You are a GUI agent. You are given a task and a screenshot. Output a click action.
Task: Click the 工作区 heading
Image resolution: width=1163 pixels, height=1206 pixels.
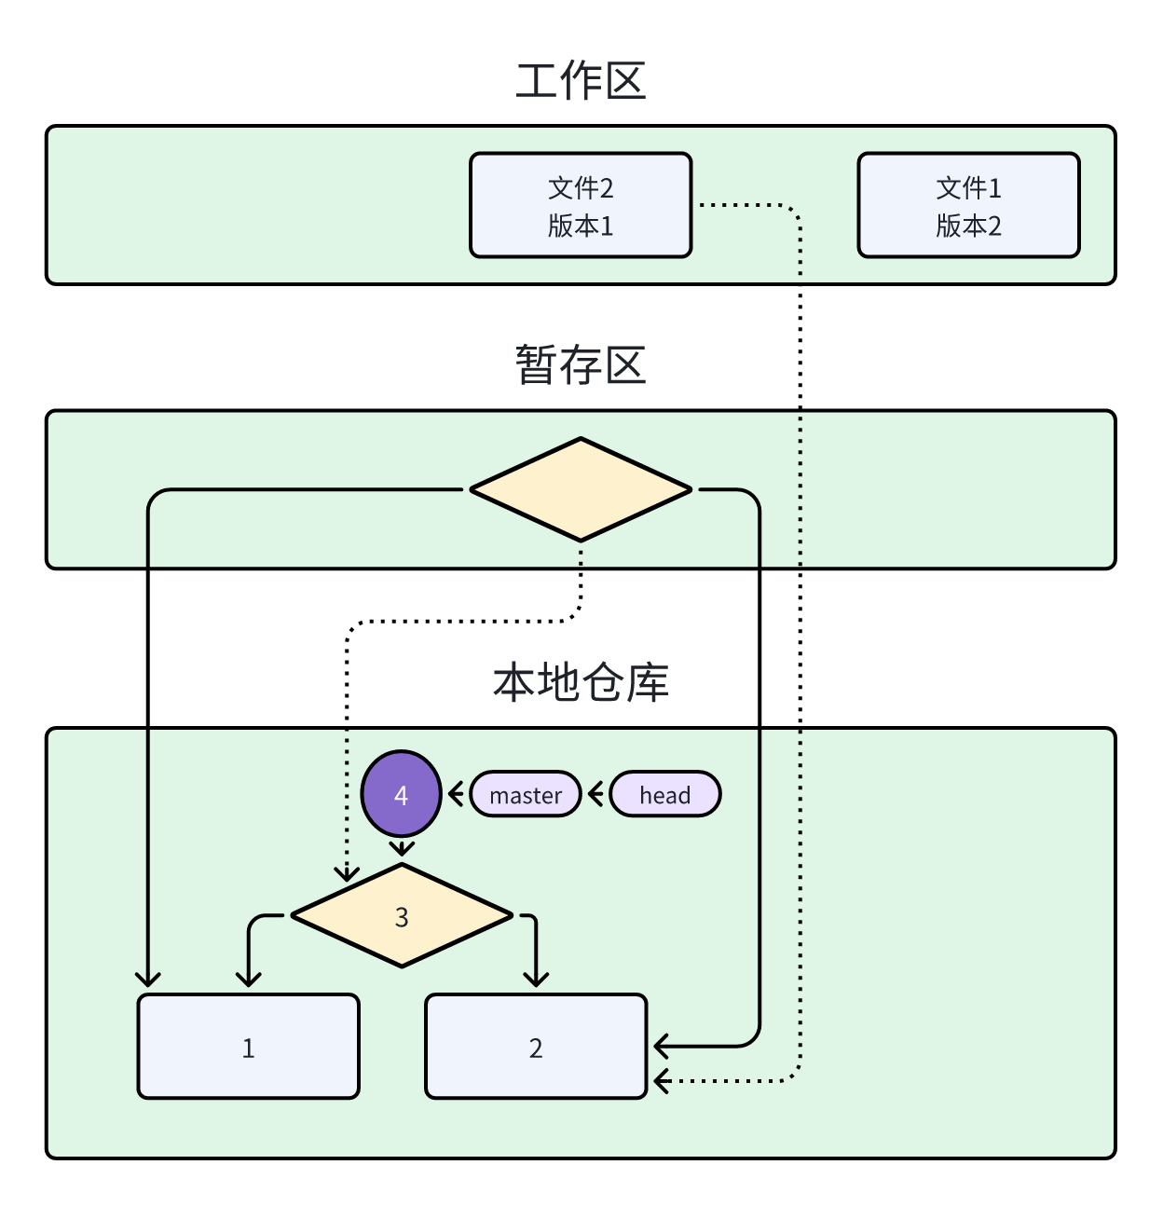click(581, 81)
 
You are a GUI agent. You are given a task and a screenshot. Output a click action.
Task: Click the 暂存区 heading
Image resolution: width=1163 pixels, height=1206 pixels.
click(581, 364)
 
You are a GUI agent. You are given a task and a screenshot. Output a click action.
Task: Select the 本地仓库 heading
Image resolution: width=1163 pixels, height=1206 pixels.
click(581, 682)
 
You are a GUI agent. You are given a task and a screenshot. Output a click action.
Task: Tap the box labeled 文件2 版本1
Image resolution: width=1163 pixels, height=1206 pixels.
click(581, 205)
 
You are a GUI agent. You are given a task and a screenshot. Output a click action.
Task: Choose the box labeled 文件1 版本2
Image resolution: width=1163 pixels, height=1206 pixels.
click(968, 205)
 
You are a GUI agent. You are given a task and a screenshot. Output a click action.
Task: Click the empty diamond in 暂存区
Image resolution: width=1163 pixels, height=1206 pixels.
click(581, 489)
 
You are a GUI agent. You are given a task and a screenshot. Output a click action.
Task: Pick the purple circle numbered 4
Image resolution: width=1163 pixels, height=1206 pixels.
click(401, 794)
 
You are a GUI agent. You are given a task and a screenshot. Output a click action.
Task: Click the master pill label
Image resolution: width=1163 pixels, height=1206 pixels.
click(526, 795)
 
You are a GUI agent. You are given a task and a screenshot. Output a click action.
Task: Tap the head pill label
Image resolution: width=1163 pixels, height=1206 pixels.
click(664, 795)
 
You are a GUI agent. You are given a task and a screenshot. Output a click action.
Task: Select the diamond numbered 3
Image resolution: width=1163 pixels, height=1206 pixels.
click(402, 916)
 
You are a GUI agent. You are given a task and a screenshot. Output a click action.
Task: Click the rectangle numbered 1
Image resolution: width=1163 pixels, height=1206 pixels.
click(248, 1047)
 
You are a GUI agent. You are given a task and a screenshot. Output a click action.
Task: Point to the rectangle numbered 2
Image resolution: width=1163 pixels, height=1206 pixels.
click(536, 1047)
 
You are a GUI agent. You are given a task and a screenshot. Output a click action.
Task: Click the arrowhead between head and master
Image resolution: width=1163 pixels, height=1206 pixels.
click(595, 795)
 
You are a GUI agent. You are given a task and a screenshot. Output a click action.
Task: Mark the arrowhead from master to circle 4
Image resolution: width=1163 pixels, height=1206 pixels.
click(455, 795)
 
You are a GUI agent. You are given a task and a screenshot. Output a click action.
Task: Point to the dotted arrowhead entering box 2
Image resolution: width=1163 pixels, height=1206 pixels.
click(661, 1081)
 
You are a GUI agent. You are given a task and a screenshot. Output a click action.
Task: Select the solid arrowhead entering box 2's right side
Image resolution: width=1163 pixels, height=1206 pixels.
click(661, 1046)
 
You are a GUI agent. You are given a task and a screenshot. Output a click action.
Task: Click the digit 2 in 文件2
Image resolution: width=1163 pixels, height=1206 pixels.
click(607, 188)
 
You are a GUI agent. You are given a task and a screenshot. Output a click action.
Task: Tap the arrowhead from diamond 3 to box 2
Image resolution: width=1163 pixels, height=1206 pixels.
click(536, 980)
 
